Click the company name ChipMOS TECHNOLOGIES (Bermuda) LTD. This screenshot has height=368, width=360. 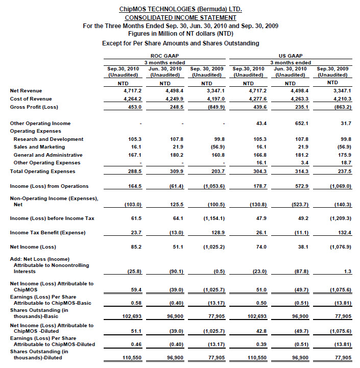click(180, 9)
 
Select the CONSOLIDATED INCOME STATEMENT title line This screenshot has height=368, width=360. click(180, 17)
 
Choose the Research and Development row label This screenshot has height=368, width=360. click(49, 139)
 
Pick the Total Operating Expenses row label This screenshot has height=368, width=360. click(43, 171)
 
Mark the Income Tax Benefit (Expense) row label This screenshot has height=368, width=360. click(47, 233)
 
